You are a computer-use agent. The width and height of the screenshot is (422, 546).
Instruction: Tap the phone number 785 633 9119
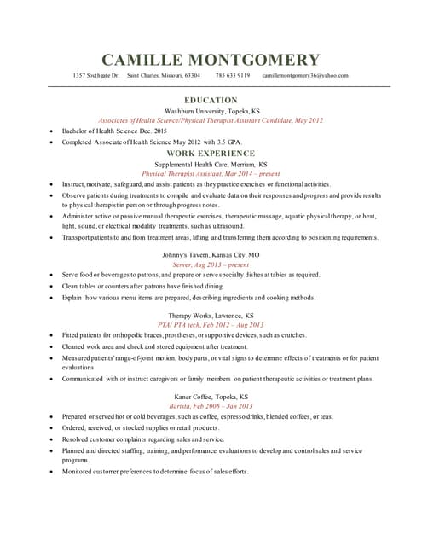233,75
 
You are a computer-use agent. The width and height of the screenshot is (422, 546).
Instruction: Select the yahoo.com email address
305,75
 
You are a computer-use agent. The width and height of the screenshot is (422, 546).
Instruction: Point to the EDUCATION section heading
211,100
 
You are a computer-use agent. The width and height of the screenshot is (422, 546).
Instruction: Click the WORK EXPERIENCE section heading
211,153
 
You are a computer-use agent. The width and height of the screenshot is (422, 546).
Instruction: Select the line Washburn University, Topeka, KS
211,111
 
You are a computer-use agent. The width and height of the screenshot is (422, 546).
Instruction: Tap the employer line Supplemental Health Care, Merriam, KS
211,164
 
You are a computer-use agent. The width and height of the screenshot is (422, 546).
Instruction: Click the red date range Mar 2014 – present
251,173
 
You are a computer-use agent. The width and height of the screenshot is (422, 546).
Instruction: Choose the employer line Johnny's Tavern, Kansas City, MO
211,255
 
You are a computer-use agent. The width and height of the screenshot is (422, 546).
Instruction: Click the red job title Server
183,264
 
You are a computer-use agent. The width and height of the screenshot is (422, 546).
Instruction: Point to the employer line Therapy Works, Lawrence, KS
211,316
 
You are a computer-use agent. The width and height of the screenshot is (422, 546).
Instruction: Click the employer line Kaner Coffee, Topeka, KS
211,397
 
